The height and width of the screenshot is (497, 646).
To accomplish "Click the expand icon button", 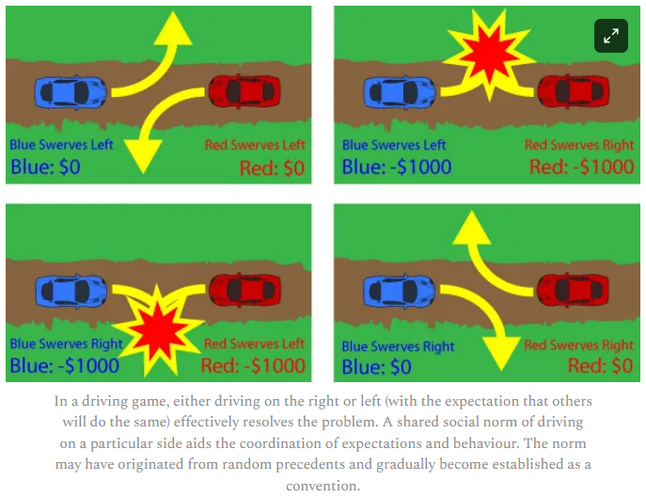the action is (611, 36).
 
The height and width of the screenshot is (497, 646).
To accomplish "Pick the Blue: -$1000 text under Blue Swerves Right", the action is (63, 365).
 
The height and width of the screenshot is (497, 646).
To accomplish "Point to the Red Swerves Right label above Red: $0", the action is (579, 345).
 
